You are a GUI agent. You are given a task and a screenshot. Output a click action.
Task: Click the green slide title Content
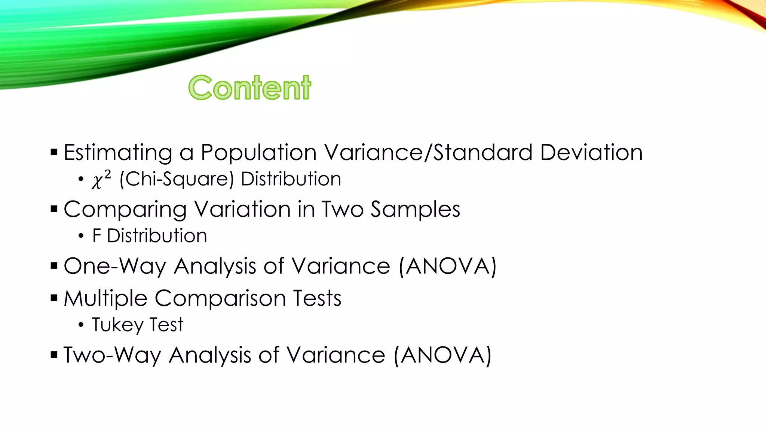click(249, 88)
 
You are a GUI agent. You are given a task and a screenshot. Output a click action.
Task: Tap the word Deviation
click(591, 153)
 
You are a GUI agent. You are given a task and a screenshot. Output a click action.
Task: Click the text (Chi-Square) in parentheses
click(177, 179)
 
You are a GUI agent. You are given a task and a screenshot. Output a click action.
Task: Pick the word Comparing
click(125, 210)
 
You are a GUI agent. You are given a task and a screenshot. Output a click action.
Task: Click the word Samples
click(415, 210)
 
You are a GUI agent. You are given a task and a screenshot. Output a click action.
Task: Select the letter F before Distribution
click(96, 236)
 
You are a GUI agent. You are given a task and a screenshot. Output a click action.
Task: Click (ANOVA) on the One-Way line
click(447, 266)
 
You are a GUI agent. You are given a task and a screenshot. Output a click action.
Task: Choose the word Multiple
click(105, 299)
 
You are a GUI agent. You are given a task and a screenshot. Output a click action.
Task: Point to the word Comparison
click(220, 299)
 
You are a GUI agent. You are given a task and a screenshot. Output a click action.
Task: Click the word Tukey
click(117, 325)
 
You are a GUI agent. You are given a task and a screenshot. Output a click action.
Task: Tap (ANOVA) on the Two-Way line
click(442, 355)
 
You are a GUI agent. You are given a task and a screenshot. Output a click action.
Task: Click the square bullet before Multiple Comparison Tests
click(54, 298)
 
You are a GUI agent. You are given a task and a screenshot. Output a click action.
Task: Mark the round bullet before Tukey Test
click(81, 325)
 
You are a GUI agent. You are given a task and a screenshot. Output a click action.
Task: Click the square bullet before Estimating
click(54, 152)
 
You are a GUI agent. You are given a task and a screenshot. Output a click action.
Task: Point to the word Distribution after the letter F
click(157, 236)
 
